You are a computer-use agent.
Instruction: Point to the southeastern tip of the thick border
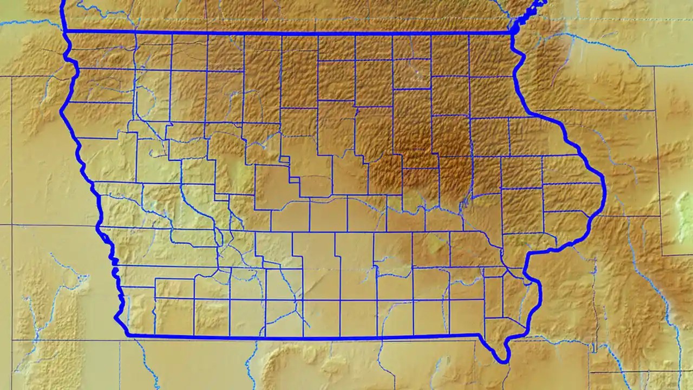tap(505, 361)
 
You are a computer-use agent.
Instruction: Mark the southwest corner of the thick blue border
tap(128, 335)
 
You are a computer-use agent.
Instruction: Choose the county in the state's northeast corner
tap(489, 54)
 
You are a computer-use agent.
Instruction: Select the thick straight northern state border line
tap(287, 34)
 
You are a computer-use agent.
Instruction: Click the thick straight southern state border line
tap(303, 337)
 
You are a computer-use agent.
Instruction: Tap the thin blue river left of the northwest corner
tap(32, 23)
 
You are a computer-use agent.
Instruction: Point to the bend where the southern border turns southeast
tap(479, 336)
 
